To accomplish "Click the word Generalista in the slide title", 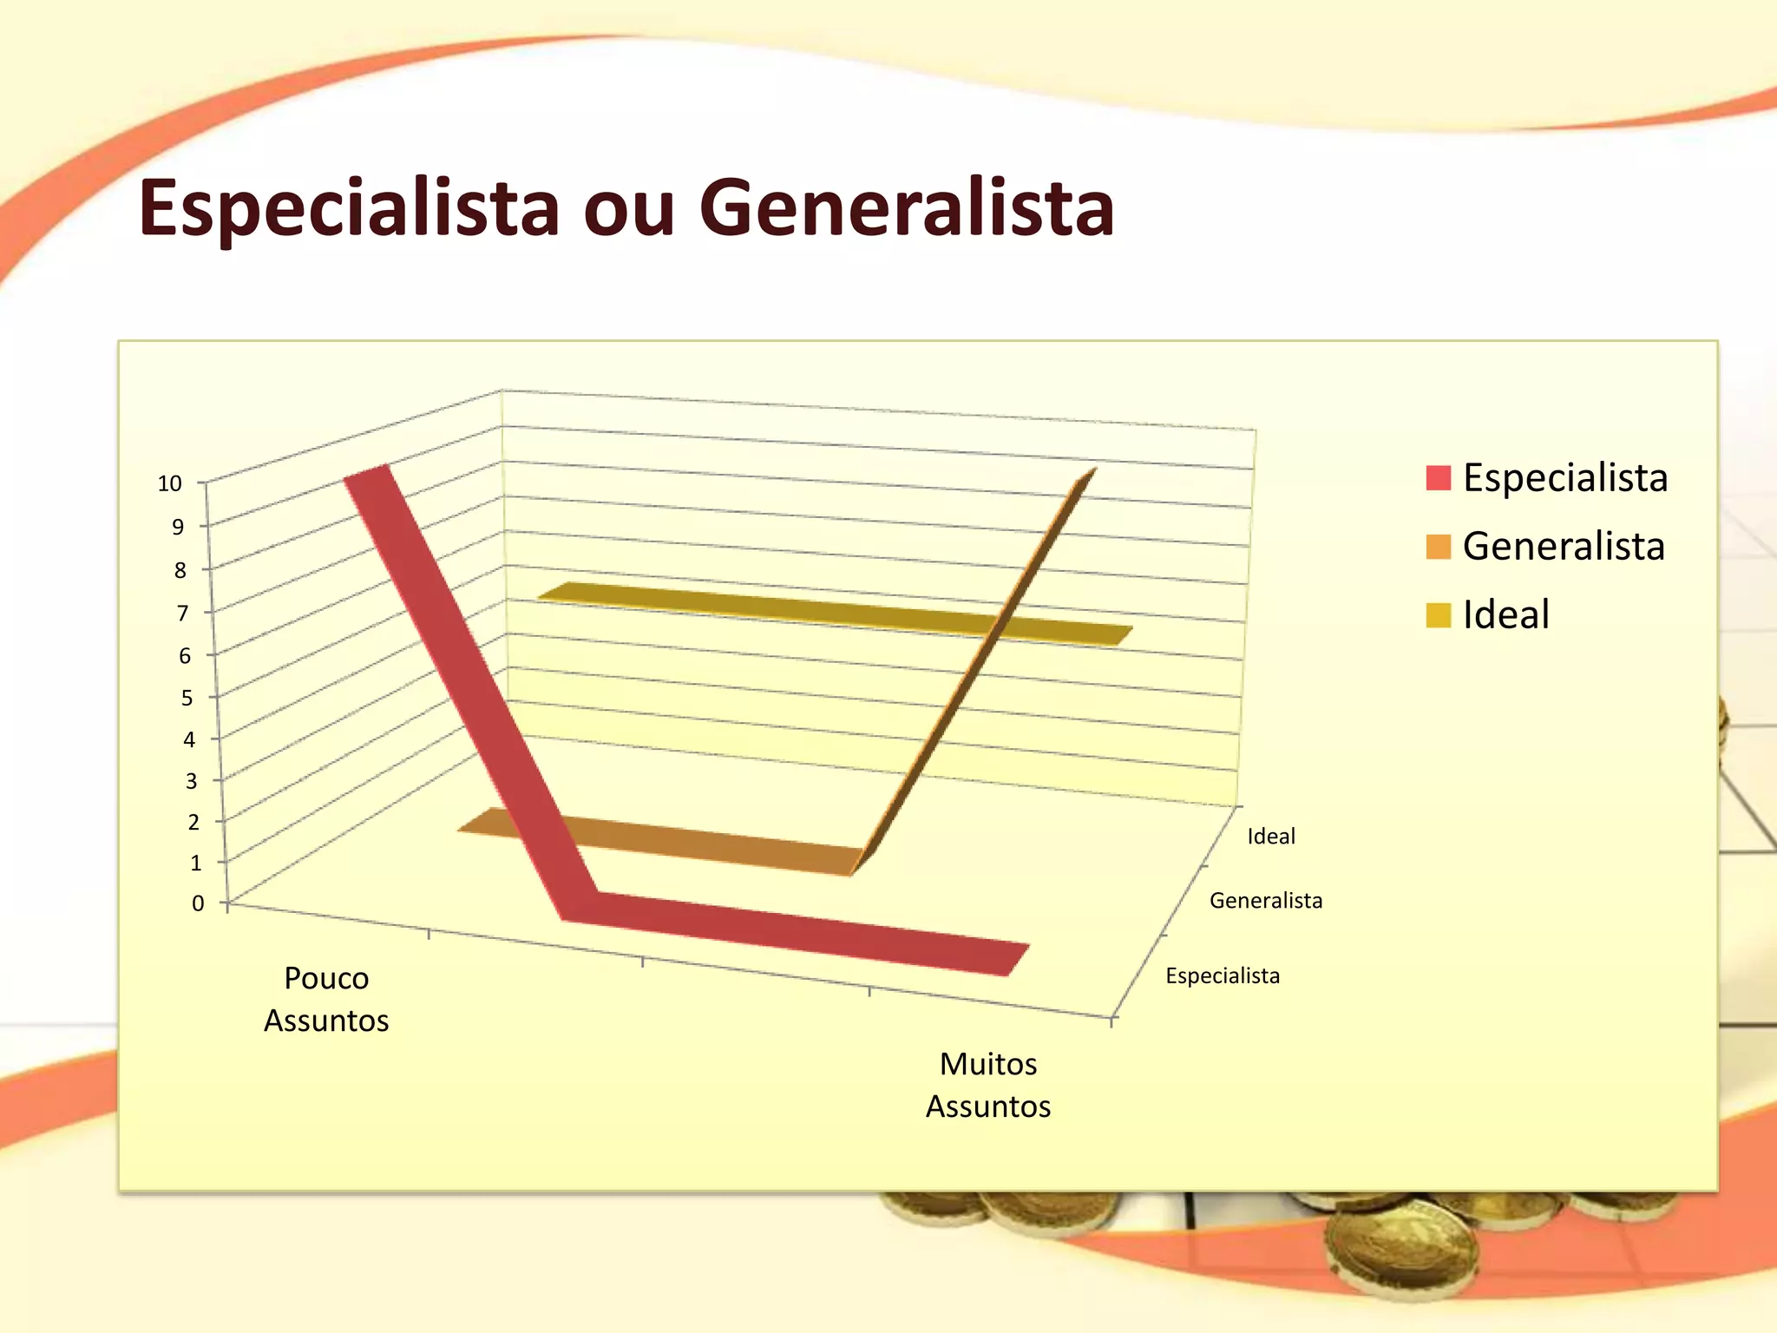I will [x=906, y=208].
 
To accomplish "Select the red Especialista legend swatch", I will [x=1438, y=478].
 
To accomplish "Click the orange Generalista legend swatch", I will [x=1438, y=547].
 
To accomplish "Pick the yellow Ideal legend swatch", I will [x=1438, y=615].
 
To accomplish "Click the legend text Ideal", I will [x=1505, y=615].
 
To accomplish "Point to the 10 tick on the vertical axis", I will [x=170, y=483].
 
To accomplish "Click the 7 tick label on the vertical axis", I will [x=182, y=614].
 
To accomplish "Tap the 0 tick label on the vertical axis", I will [x=198, y=903].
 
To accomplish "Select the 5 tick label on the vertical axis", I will [x=187, y=698].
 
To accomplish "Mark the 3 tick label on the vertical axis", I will [x=191, y=781].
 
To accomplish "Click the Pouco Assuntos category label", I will [x=326, y=999].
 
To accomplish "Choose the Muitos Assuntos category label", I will [x=988, y=1085].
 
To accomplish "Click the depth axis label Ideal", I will [x=1271, y=837].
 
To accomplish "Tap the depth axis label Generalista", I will [x=1266, y=901].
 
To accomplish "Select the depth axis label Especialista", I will [x=1223, y=976].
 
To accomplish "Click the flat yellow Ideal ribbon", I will [x=833, y=612].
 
